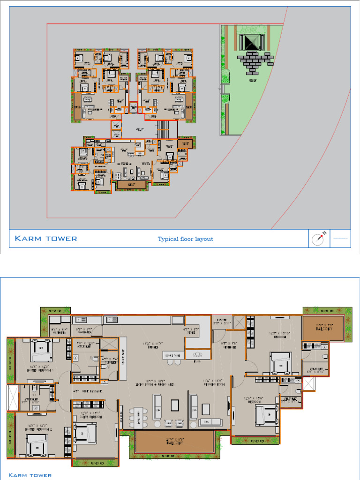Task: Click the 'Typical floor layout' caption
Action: pos(185,239)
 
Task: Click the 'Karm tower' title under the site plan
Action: pos(46,239)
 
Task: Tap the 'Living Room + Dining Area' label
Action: pos(151,384)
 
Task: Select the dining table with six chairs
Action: pos(138,417)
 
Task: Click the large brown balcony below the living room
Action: pos(174,442)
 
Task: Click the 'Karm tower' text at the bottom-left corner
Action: pos(30,475)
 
